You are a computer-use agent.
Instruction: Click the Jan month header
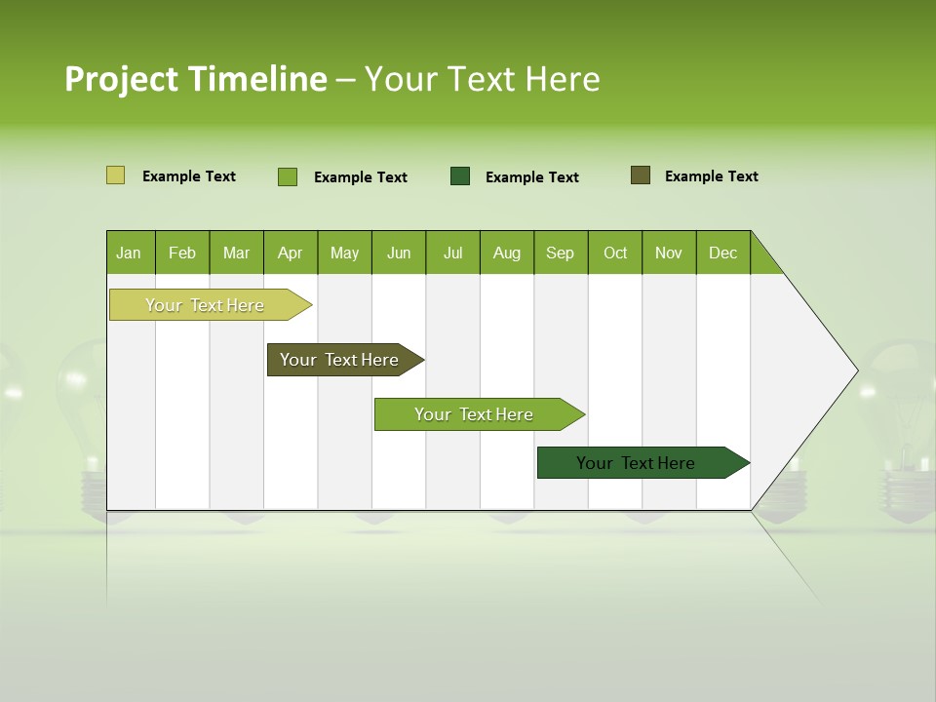pos(129,253)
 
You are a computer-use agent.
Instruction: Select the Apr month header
pos(290,253)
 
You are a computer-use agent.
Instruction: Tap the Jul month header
pos(452,253)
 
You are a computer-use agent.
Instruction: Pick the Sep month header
pos(560,253)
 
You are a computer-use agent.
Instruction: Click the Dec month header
pos(722,253)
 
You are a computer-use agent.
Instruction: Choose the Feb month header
pos(182,253)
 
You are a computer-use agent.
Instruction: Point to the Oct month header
pos(615,253)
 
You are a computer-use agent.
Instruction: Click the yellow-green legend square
pos(115,175)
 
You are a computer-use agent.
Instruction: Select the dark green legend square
pos(460,175)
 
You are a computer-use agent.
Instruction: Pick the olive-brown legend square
pos(641,175)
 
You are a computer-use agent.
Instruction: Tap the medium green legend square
pos(288,176)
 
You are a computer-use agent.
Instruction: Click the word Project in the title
pos(122,79)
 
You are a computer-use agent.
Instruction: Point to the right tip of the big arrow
pos(855,370)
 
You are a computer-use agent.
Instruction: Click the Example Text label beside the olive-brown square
pos(711,176)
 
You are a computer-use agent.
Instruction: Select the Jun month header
pos(399,253)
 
